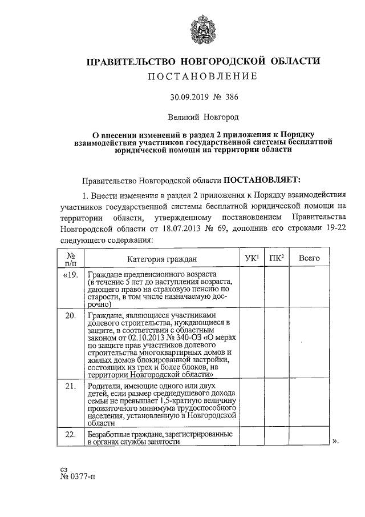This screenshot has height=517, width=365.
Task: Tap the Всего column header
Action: pyautogui.click(x=309, y=258)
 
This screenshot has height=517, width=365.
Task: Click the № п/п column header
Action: pyautogui.click(x=71, y=259)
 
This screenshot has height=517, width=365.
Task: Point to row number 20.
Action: pyautogui.click(x=71, y=316)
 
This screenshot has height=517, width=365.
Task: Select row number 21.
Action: pyautogui.click(x=71, y=387)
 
